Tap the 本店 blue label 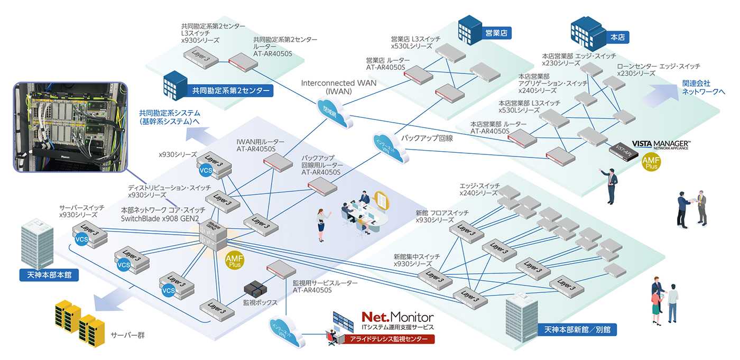point(617,38)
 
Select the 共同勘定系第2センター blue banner point(228,91)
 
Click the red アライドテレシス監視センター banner point(390,339)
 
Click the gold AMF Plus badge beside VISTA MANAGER point(651,162)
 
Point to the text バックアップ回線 point(424,137)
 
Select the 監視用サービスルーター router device point(279,270)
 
